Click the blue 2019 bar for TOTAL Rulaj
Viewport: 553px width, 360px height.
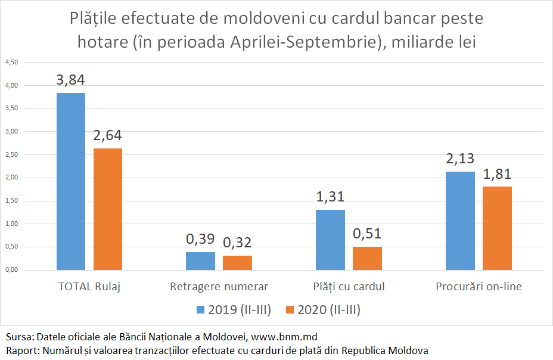(71, 181)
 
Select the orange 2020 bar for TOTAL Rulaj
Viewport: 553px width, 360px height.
(108, 209)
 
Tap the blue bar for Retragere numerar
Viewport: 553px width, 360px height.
(201, 261)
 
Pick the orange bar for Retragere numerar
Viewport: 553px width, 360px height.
(237, 263)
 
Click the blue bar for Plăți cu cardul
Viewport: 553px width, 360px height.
(330, 240)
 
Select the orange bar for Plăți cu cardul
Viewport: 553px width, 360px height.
(367, 258)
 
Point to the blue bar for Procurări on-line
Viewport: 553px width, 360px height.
(460, 221)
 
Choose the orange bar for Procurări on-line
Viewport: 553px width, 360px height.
(497, 228)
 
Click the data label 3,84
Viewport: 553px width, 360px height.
(71, 80)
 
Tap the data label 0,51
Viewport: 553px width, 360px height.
(367, 234)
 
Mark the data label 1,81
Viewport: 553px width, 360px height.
(497, 174)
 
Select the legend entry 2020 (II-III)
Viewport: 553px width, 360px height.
(323, 310)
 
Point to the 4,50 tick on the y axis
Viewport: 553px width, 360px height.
(12, 63)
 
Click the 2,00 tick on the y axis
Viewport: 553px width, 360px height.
(12, 178)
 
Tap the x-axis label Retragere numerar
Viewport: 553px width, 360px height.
(219, 287)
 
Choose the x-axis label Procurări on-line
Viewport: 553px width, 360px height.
(479, 287)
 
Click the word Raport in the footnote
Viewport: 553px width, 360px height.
(20, 350)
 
